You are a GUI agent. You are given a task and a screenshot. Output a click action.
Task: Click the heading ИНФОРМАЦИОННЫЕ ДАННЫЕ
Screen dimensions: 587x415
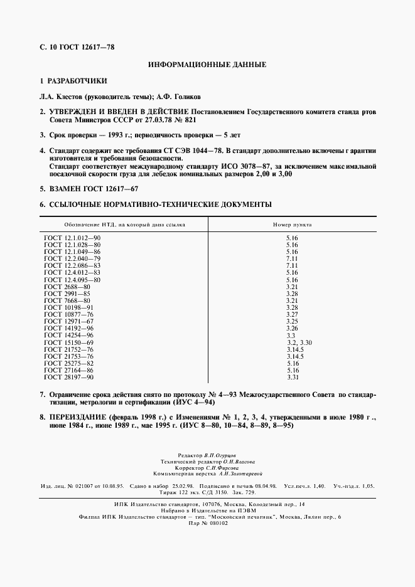pyautogui.click(x=207, y=65)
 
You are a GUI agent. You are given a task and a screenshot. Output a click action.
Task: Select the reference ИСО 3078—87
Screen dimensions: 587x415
pyautogui.click(x=247, y=166)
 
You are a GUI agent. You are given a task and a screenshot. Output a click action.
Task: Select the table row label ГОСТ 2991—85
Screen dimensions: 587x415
pyautogui.click(x=68, y=293)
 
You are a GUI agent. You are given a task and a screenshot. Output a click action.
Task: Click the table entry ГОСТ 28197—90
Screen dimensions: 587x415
pyautogui.click(x=68, y=377)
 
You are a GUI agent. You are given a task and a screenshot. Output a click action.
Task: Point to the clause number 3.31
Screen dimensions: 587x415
pyautogui.click(x=292, y=377)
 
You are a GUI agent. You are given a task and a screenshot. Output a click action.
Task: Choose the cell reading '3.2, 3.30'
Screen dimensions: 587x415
pyautogui.click(x=299, y=342)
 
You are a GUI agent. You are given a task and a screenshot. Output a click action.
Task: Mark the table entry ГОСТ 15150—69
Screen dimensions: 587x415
pyautogui.click(x=68, y=342)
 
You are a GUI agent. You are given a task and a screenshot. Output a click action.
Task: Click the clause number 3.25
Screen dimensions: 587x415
pyautogui.click(x=292, y=321)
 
